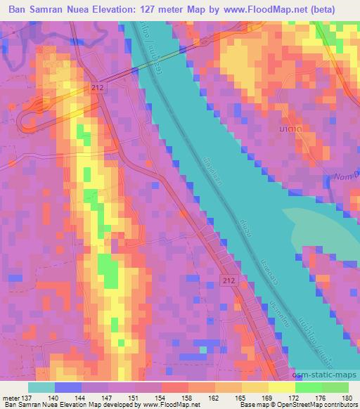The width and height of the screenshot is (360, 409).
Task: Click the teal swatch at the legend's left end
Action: tap(42, 387)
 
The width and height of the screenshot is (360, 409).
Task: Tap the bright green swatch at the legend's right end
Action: tap(336, 387)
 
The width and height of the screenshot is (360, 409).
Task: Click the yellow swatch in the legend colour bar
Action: tap(281, 387)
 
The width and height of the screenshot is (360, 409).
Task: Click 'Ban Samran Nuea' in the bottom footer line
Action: tap(26, 405)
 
